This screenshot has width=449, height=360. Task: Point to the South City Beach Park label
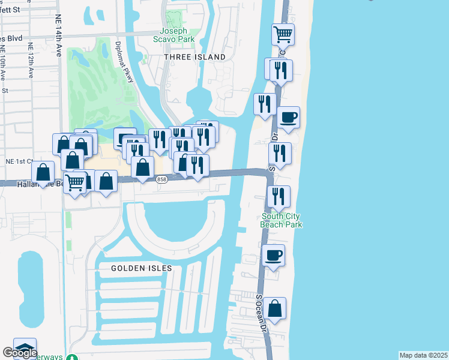280,220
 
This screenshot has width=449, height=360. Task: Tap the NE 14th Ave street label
59,36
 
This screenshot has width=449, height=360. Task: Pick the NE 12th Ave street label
30,60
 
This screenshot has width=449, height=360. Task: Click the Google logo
20,353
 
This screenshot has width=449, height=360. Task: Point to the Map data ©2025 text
423,355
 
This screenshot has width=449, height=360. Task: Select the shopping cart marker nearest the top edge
282,34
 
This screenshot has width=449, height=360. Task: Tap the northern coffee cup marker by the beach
288,117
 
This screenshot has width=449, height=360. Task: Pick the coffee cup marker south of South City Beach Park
274,256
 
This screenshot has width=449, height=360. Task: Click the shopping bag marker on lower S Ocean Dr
274,308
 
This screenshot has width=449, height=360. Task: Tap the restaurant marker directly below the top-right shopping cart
280,70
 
